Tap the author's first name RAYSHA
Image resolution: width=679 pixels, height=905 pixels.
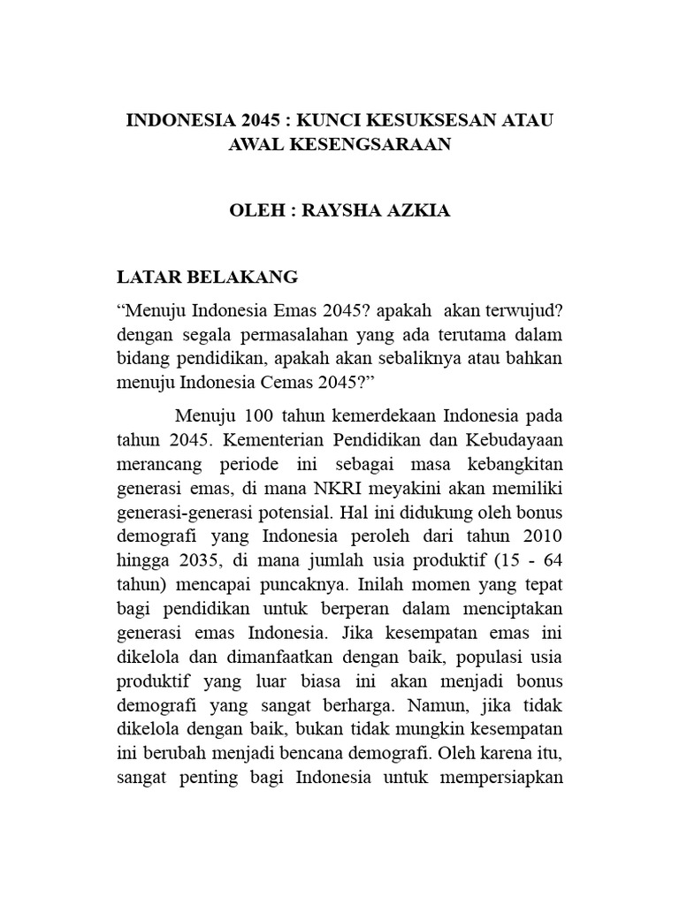coord(339,213)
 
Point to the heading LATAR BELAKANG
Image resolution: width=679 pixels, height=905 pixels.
coord(209,278)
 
